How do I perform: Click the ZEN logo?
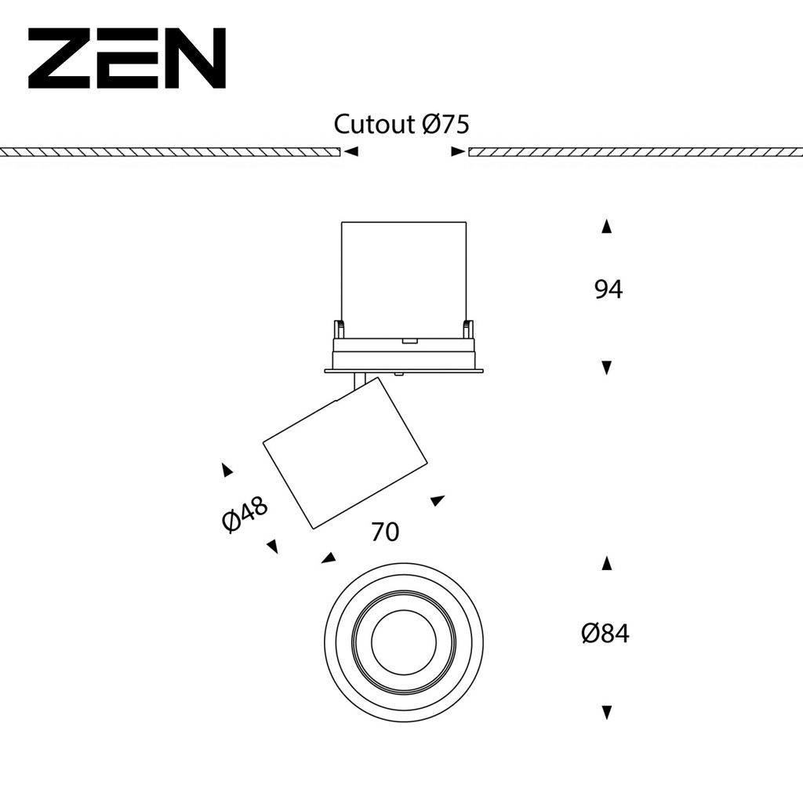point(127,59)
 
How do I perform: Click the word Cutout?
point(374,124)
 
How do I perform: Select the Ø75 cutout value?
point(445,124)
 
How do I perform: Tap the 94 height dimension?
point(608,289)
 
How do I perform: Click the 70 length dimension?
point(384,532)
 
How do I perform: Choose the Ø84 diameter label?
point(605,634)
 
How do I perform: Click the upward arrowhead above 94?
point(606,227)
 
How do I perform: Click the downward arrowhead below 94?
point(606,367)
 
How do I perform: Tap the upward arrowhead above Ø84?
point(606,563)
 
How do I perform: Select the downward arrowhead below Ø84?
point(606,712)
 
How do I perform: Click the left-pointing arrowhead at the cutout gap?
point(352,151)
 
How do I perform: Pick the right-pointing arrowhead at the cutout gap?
point(458,151)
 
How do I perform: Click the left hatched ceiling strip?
point(169,152)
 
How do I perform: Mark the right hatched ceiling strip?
point(635,152)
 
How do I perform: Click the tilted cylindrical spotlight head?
point(345,453)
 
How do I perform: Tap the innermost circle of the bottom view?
point(403,642)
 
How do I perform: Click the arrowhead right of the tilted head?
point(437,500)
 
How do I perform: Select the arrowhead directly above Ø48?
point(227,471)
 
